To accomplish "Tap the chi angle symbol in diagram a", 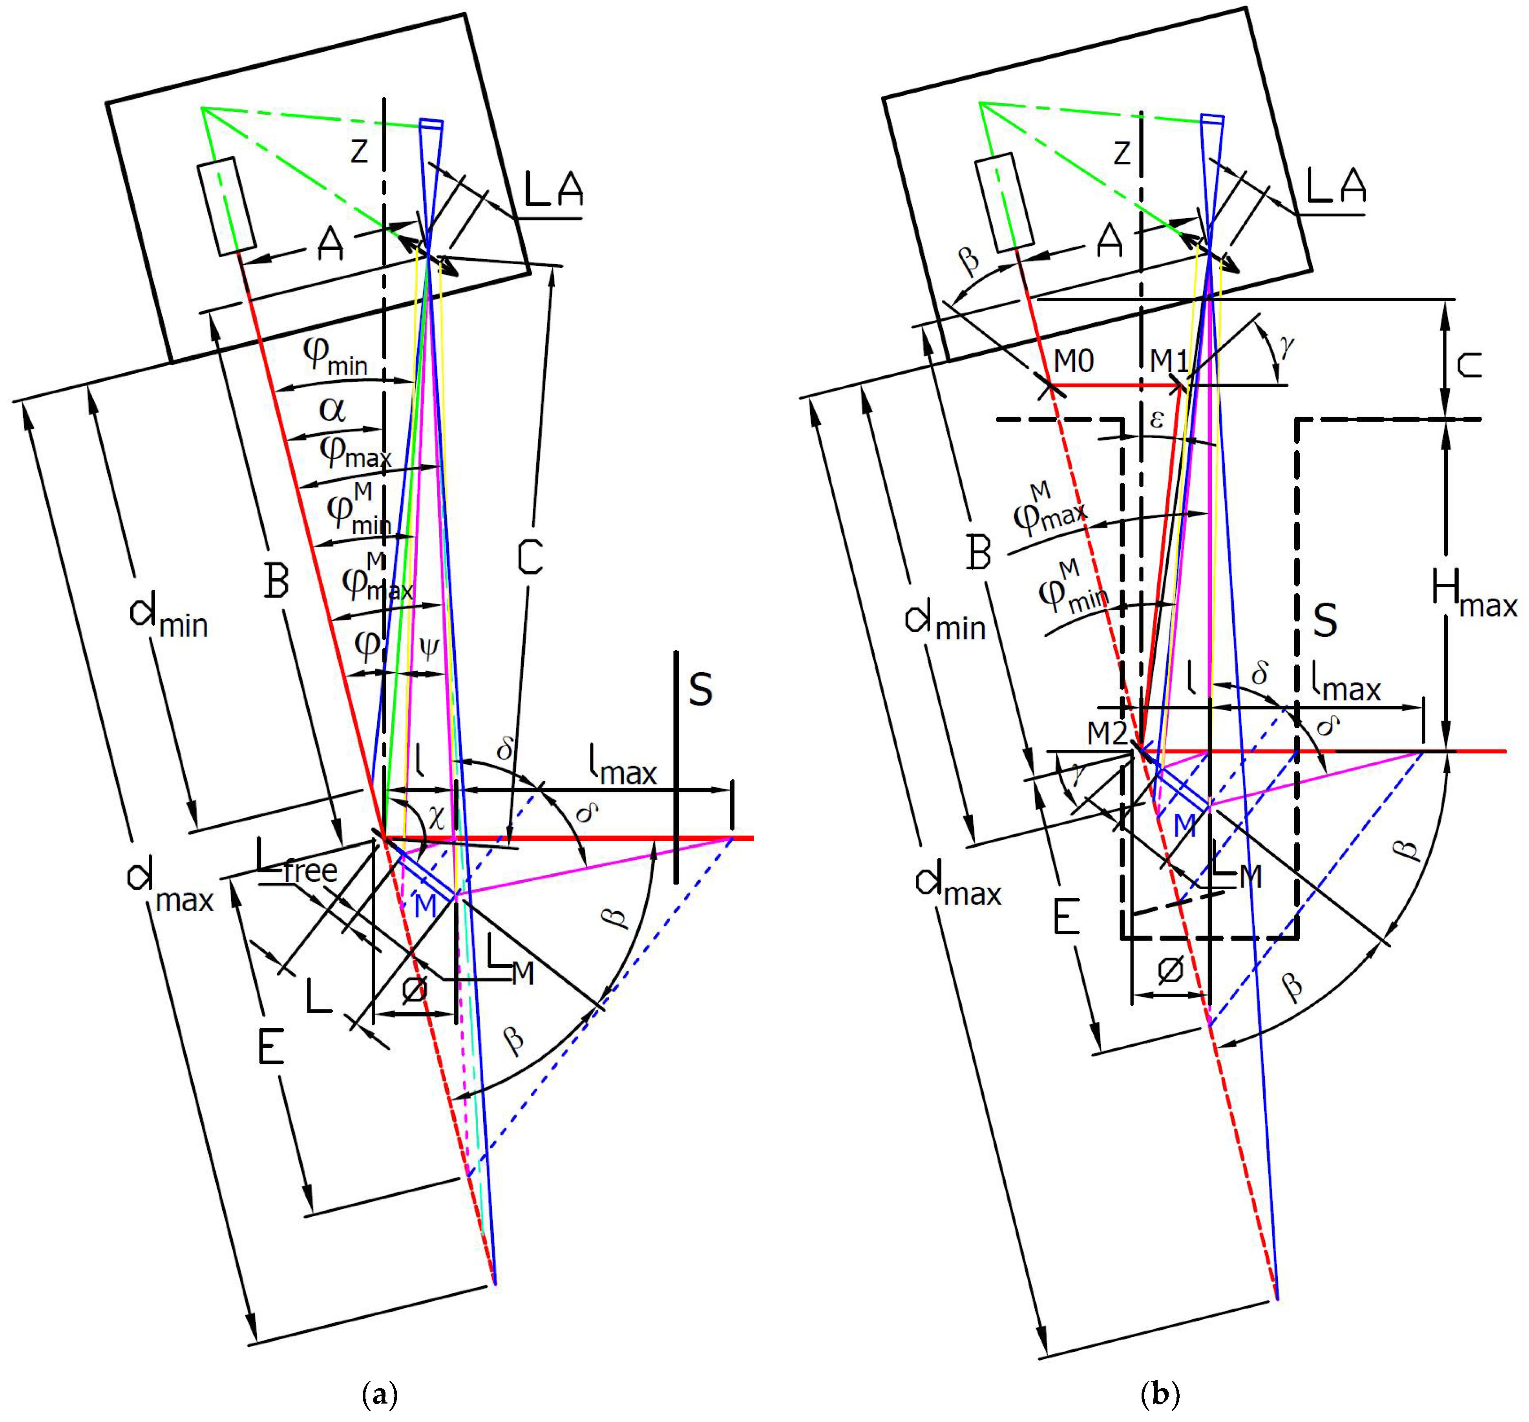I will (436, 817).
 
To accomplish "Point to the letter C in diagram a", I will (530, 557).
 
